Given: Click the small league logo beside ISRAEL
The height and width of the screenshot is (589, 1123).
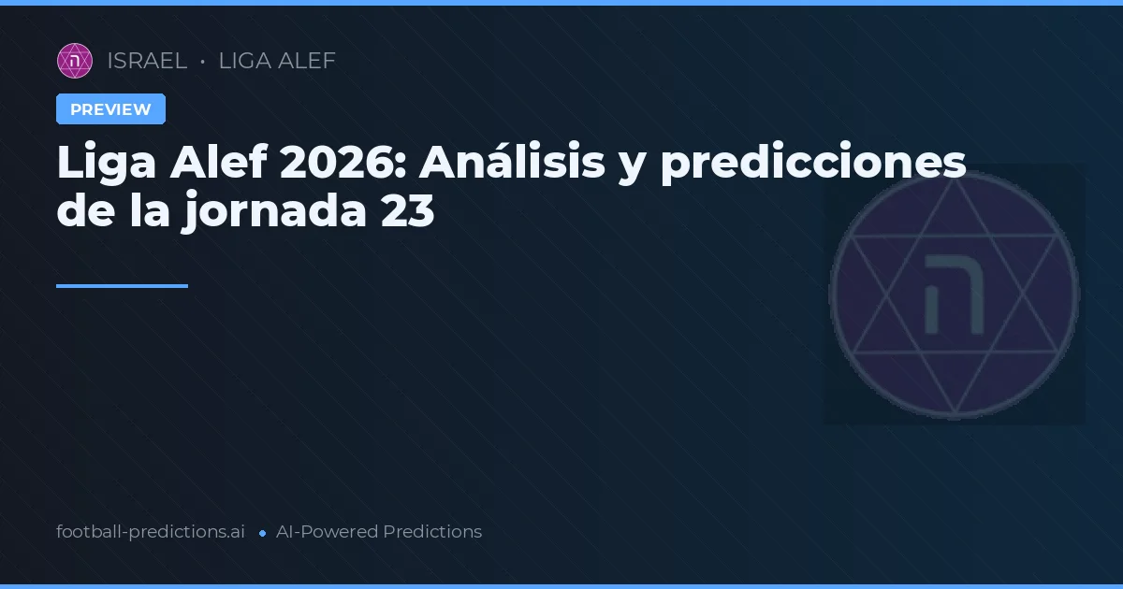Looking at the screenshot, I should click(75, 61).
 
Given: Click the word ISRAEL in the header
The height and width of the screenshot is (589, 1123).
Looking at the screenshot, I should click(147, 61).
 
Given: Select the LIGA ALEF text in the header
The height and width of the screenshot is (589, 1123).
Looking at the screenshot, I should click(277, 61).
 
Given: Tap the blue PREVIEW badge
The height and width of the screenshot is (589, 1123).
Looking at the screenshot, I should click(110, 109).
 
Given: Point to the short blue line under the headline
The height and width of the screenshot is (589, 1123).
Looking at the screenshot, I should click(122, 286).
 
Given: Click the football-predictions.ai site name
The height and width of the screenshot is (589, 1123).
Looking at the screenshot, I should click(151, 532).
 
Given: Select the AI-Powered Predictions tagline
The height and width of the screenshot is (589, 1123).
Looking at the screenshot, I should click(379, 532).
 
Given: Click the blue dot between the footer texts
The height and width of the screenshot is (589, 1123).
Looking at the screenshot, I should click(262, 533).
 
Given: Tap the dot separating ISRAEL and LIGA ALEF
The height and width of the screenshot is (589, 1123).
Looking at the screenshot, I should click(202, 62).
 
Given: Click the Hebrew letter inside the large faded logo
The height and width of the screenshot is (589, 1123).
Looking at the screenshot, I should click(954, 294).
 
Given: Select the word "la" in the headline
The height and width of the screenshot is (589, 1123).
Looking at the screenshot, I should click(150, 212).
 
